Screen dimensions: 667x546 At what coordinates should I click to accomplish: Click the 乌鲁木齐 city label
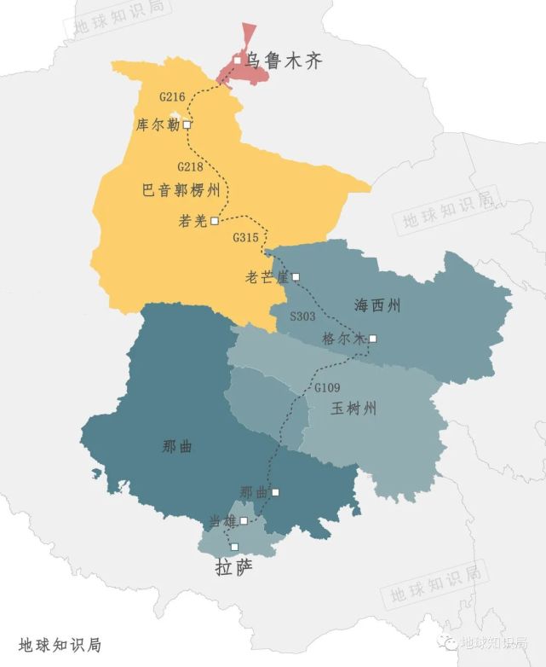(284, 61)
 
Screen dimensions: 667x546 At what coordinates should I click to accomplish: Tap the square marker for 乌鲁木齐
(238, 60)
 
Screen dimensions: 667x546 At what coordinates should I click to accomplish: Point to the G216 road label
(172, 98)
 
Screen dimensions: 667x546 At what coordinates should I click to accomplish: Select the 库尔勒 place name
(158, 125)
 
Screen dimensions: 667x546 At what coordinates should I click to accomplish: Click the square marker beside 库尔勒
(187, 125)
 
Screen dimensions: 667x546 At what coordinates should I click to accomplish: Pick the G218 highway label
(190, 166)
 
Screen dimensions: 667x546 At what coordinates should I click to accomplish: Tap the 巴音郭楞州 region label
(181, 190)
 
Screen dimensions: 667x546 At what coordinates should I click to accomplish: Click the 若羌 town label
(193, 221)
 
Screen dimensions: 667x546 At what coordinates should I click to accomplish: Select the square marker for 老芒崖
(296, 277)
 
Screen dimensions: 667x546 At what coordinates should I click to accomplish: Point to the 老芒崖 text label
(267, 277)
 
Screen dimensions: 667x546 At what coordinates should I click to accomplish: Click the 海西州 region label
(377, 304)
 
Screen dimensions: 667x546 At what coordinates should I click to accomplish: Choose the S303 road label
(302, 316)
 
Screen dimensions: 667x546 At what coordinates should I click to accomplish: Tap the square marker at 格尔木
(372, 339)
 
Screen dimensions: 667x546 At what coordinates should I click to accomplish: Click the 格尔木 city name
(343, 339)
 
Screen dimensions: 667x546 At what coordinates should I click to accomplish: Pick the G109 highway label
(327, 388)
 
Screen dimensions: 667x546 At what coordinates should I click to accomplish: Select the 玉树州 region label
(353, 409)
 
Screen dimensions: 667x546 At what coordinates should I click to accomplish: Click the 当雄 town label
(222, 520)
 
